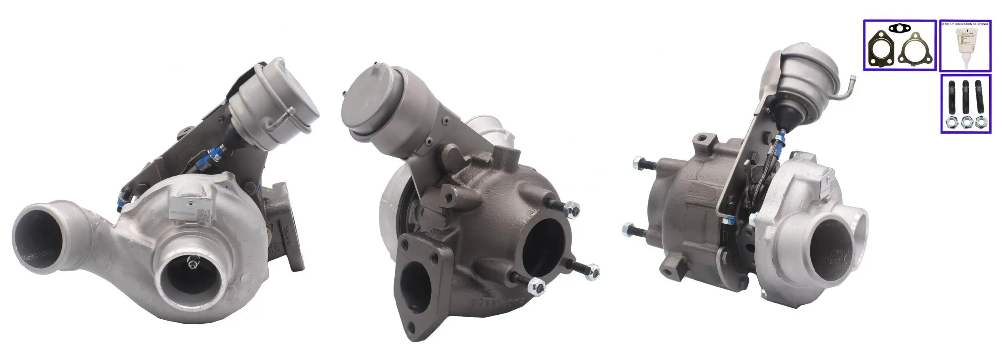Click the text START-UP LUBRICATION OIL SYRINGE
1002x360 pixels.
965,24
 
